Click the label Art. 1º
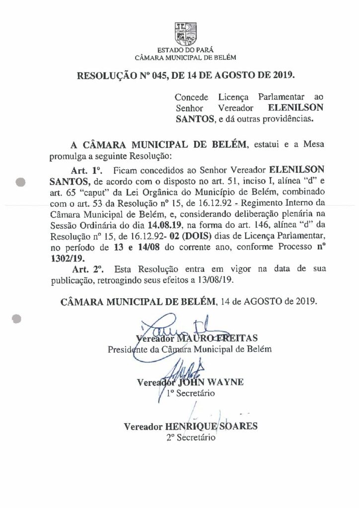coord(86,170)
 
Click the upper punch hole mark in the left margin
coord(21,182)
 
